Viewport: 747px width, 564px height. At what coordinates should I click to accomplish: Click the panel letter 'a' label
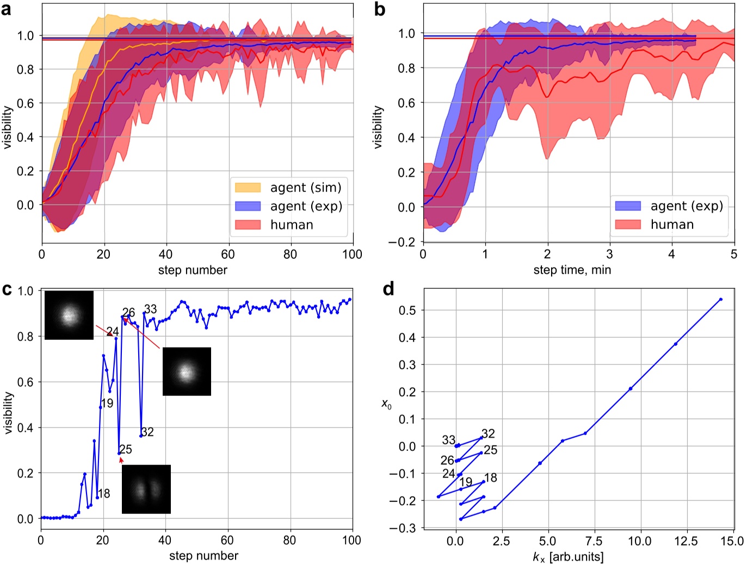(x=7, y=9)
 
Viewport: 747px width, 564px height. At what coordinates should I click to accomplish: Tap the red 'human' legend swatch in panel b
(x=628, y=224)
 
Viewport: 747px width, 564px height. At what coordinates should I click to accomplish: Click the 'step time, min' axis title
(x=572, y=270)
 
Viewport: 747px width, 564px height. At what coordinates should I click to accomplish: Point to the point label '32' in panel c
(x=147, y=432)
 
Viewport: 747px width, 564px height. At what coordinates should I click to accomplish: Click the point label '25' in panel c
(x=126, y=449)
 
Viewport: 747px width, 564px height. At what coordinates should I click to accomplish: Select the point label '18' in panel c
(x=104, y=493)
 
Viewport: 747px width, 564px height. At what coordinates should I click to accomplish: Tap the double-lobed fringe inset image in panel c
(x=146, y=489)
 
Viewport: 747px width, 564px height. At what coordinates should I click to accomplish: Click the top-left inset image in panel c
(x=69, y=315)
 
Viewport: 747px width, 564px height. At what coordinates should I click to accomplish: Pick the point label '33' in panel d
(x=448, y=439)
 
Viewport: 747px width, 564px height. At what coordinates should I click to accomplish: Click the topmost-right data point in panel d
(x=720, y=299)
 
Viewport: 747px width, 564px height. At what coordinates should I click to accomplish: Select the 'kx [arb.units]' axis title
(x=568, y=557)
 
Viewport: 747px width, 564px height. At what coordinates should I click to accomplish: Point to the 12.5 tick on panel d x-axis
(x=686, y=541)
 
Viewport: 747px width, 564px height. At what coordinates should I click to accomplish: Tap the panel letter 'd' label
(x=388, y=289)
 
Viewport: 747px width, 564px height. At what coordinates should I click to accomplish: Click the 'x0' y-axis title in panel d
(x=386, y=404)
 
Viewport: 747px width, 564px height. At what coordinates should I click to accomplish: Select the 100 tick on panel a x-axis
(x=352, y=254)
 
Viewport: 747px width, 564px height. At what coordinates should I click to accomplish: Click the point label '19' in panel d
(x=466, y=482)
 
